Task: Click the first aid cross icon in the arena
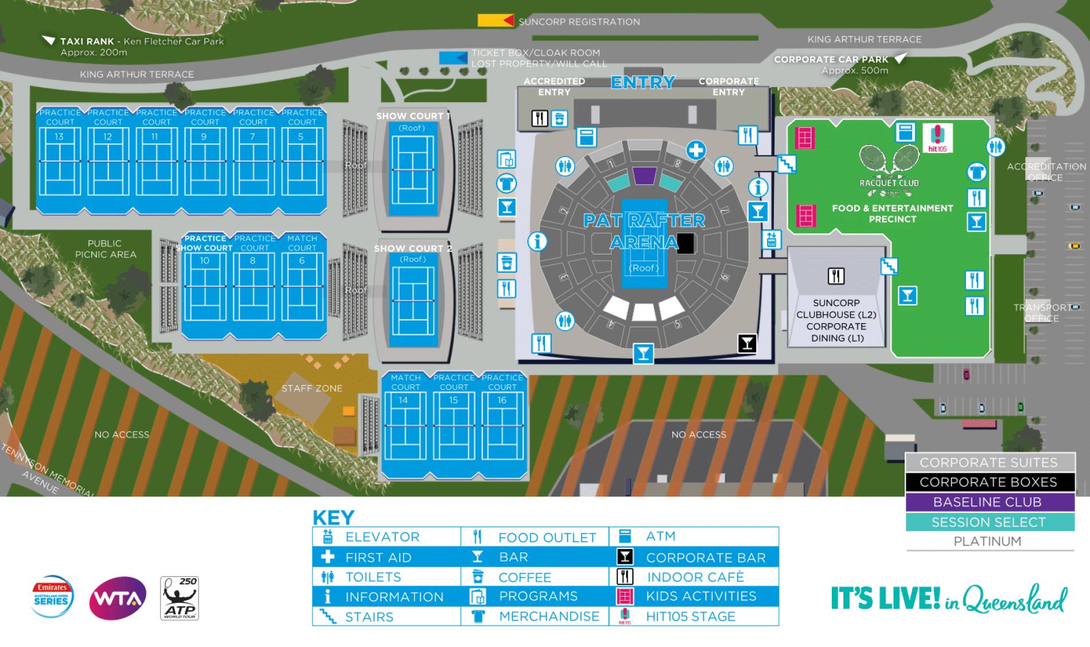tap(696, 150)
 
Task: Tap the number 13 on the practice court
tap(59, 136)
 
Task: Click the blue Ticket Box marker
tap(453, 58)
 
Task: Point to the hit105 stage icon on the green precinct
tap(937, 138)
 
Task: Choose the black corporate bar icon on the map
tap(746, 343)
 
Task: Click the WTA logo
tap(118, 598)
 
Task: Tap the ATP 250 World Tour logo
tap(180, 598)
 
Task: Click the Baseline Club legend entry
tap(989, 502)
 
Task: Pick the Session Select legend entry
tap(989, 522)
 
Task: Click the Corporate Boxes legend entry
tap(989, 482)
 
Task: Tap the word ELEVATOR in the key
tap(382, 537)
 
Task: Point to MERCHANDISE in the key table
tap(549, 616)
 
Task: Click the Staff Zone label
tap(312, 389)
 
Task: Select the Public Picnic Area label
tap(105, 249)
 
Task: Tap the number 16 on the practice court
tap(502, 400)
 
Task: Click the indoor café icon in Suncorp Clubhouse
tap(836, 276)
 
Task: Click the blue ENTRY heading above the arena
tap(643, 83)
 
